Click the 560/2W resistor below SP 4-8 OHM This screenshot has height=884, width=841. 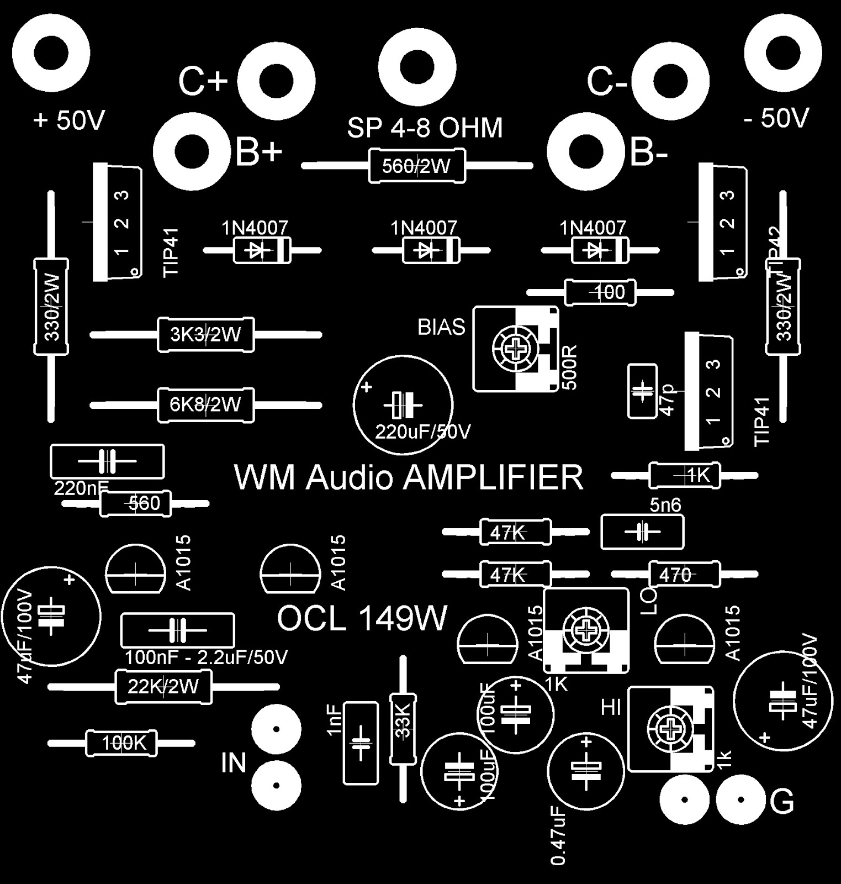pos(416,166)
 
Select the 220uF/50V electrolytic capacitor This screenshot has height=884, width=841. pos(403,405)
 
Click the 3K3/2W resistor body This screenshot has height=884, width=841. pos(205,335)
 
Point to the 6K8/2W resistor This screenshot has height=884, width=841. pos(205,405)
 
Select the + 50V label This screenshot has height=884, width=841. pos(68,120)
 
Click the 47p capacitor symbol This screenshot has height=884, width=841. pos(642,391)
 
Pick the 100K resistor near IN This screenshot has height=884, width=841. pos(121,744)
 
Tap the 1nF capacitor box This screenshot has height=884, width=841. pos(361,743)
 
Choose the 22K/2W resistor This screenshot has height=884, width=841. pos(163,687)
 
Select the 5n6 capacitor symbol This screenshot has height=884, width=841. pos(642,532)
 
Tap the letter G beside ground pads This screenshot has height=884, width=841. pos(781,802)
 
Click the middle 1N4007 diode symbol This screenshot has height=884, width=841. pos(424,250)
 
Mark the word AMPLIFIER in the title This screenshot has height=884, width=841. pos(493,478)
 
